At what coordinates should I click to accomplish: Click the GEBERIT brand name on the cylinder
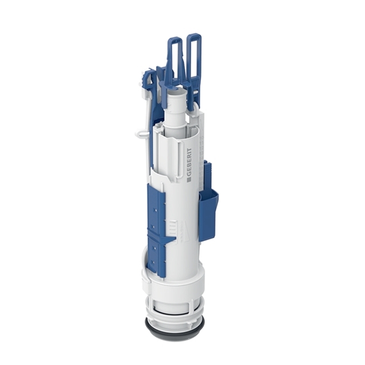pyautogui.click(x=189, y=163)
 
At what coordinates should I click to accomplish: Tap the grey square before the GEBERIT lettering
pyautogui.click(x=189, y=180)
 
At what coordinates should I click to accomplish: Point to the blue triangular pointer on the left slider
pyautogui.click(x=171, y=239)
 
